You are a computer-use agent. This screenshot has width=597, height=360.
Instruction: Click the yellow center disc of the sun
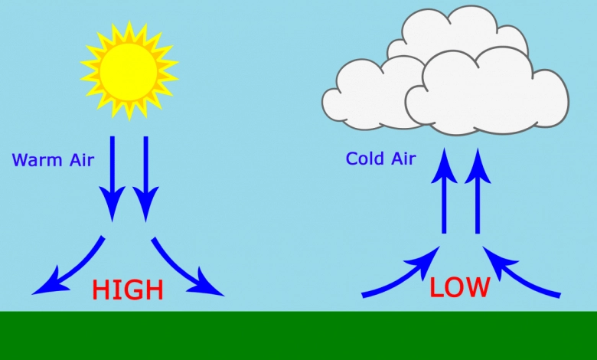(129, 72)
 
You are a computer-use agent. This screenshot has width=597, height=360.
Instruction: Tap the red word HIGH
(128, 290)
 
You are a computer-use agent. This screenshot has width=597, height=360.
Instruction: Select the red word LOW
(459, 287)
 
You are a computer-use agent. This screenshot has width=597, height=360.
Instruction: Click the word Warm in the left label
(37, 160)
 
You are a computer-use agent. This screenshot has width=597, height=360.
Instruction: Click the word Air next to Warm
(81, 160)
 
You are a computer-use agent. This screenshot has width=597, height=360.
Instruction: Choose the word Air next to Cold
(403, 159)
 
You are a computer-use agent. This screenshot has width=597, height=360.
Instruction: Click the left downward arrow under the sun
(113, 179)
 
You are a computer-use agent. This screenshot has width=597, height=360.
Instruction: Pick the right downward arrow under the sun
(146, 179)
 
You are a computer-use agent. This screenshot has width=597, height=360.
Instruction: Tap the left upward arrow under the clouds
(444, 191)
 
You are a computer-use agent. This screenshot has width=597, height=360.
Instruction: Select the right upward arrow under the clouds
(478, 191)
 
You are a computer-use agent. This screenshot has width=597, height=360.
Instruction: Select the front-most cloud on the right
(488, 92)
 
